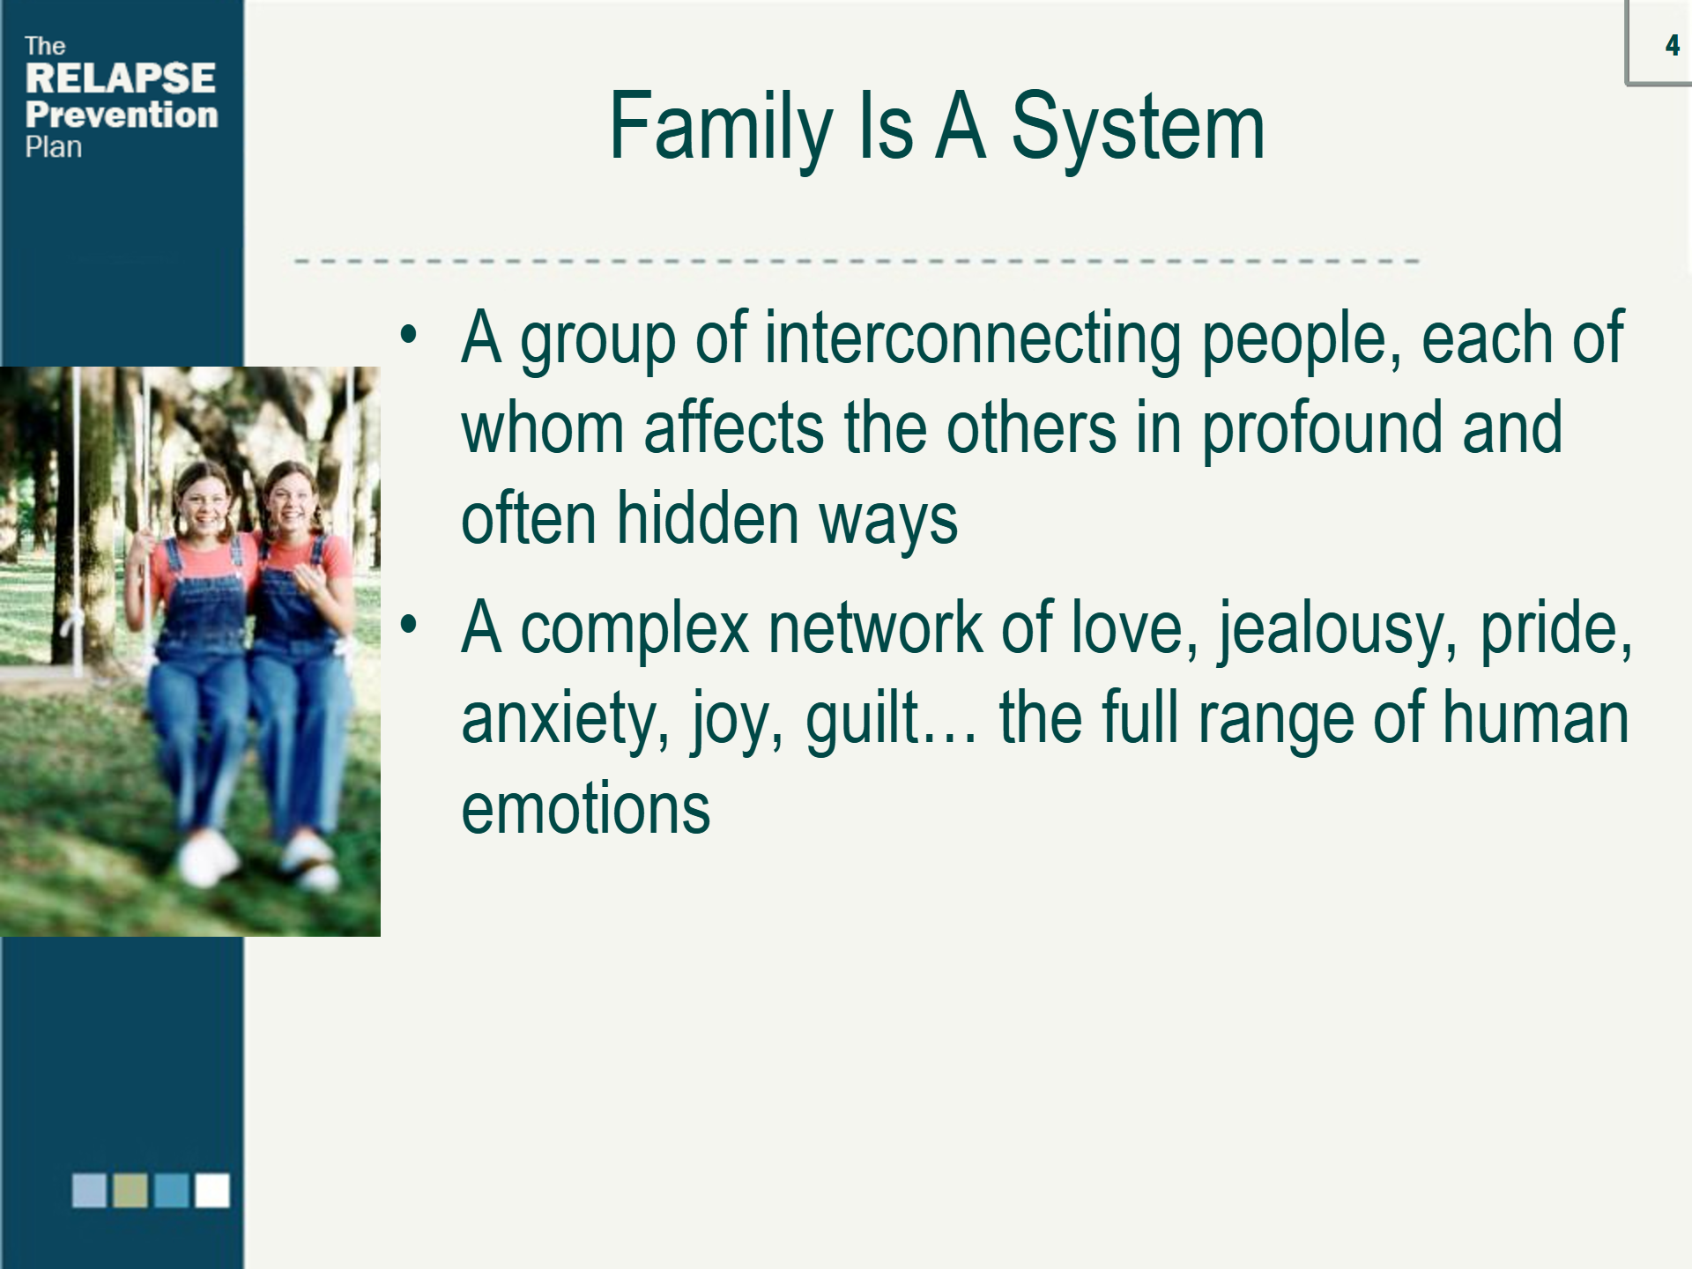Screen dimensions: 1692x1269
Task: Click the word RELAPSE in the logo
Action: pos(121,78)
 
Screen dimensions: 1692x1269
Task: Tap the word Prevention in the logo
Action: pos(122,115)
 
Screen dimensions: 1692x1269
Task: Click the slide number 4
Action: pos(1672,46)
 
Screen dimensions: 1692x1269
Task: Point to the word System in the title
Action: pos(1138,128)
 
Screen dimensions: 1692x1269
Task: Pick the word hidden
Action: pos(708,518)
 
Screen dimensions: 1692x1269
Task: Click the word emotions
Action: pos(586,809)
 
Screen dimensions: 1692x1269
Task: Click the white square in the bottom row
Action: pos(212,1190)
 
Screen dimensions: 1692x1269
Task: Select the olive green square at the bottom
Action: pos(130,1190)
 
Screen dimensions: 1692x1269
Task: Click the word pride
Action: pos(1556,631)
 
